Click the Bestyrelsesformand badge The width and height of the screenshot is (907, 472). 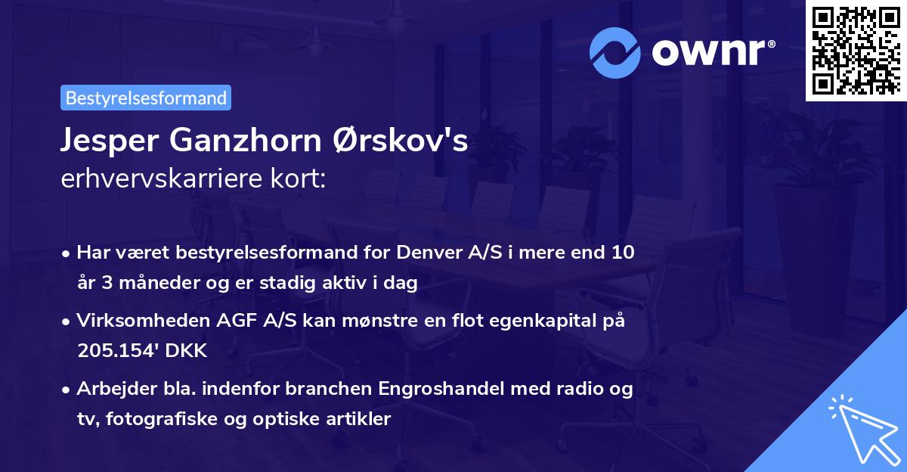pos(146,98)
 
